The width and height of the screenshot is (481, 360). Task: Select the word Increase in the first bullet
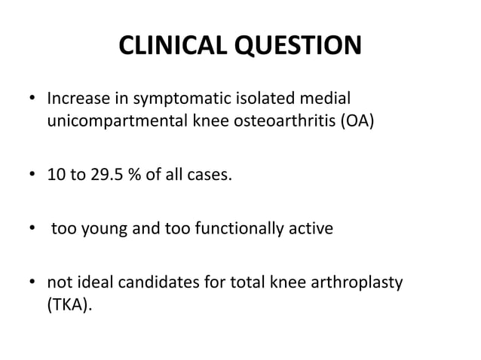77,99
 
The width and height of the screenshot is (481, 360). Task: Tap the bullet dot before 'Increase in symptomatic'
31,99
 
